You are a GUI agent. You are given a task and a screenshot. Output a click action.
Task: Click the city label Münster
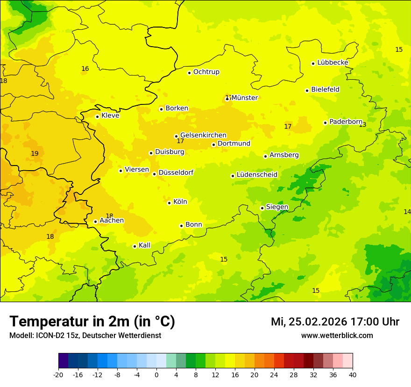click(x=244, y=98)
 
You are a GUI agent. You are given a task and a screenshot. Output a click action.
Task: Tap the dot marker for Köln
click(x=169, y=203)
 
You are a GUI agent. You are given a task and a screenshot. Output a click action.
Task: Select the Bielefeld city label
click(x=325, y=90)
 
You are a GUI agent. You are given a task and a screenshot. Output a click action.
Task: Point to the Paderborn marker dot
click(x=325, y=123)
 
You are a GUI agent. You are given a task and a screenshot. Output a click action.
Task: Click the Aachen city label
click(x=112, y=221)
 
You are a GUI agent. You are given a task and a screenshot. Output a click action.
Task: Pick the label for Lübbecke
click(x=333, y=62)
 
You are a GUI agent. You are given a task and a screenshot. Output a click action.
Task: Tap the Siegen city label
click(x=277, y=207)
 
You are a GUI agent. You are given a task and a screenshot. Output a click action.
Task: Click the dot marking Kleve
click(x=97, y=117)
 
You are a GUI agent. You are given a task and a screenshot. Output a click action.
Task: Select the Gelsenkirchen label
click(x=203, y=135)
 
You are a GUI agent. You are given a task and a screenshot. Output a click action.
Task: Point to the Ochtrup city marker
click(x=189, y=73)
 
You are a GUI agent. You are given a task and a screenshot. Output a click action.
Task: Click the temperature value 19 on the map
click(x=35, y=154)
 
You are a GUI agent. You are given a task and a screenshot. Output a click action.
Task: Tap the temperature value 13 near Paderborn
click(x=362, y=125)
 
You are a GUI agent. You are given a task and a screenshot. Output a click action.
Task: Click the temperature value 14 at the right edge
click(x=407, y=212)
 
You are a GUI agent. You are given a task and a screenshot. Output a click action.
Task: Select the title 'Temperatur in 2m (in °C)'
click(x=92, y=322)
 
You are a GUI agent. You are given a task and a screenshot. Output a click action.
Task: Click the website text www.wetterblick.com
click(x=337, y=336)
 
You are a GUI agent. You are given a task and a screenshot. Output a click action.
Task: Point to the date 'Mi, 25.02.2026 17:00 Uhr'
click(x=335, y=322)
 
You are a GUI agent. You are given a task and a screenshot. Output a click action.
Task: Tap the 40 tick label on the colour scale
click(x=352, y=374)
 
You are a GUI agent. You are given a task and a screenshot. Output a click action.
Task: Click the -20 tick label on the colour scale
click(x=58, y=374)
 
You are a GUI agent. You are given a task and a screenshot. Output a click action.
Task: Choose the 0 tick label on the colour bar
click(x=156, y=374)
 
